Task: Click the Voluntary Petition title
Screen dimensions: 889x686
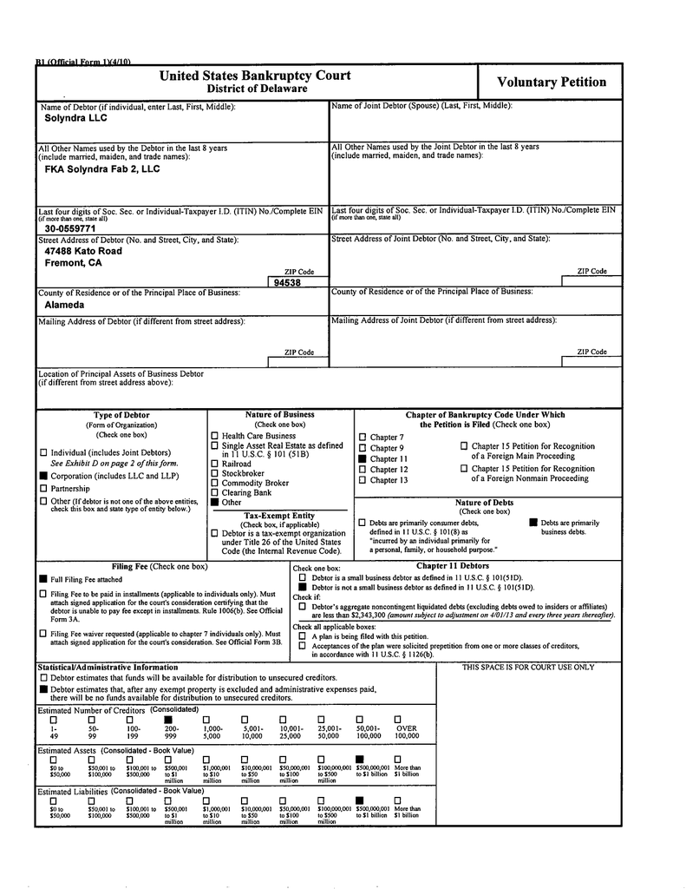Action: (x=551, y=82)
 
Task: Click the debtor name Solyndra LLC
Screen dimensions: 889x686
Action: (x=76, y=118)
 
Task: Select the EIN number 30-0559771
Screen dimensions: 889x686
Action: (x=71, y=229)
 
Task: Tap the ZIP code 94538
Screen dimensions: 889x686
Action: (x=287, y=283)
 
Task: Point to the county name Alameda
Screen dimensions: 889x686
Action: (x=65, y=305)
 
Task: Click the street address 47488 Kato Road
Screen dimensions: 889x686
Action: (x=83, y=251)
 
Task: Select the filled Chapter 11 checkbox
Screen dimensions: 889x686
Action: (x=363, y=458)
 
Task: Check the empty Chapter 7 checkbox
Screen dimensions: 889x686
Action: (x=363, y=438)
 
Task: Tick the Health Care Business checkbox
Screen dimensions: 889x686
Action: (x=215, y=436)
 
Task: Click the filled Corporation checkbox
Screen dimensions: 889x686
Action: (x=43, y=476)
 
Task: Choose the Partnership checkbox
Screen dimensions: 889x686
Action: (x=43, y=489)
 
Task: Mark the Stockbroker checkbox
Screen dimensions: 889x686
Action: (x=215, y=473)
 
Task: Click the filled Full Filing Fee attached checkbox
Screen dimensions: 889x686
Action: (x=42, y=578)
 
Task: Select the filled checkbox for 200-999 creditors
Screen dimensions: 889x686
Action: (x=168, y=720)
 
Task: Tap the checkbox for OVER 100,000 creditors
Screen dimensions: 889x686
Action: (x=398, y=720)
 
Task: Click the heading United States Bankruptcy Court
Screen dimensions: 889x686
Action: (x=255, y=76)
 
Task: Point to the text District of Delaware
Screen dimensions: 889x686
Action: (x=257, y=89)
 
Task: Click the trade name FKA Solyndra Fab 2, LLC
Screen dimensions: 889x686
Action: (x=102, y=169)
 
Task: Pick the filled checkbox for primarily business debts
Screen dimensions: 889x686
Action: (x=533, y=523)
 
